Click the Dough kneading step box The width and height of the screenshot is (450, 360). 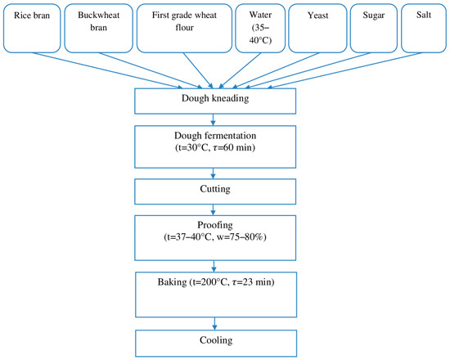[214, 100]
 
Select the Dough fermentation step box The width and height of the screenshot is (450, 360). [214, 144]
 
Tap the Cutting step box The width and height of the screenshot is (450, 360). [214, 189]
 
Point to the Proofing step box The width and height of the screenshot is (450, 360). [214, 234]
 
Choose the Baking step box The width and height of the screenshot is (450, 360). [214, 291]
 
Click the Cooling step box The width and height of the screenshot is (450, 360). [214, 340]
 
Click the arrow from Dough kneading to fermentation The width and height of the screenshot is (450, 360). [214, 117]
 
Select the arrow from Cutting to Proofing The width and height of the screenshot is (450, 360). [214, 207]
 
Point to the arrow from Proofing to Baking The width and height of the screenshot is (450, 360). [214, 264]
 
